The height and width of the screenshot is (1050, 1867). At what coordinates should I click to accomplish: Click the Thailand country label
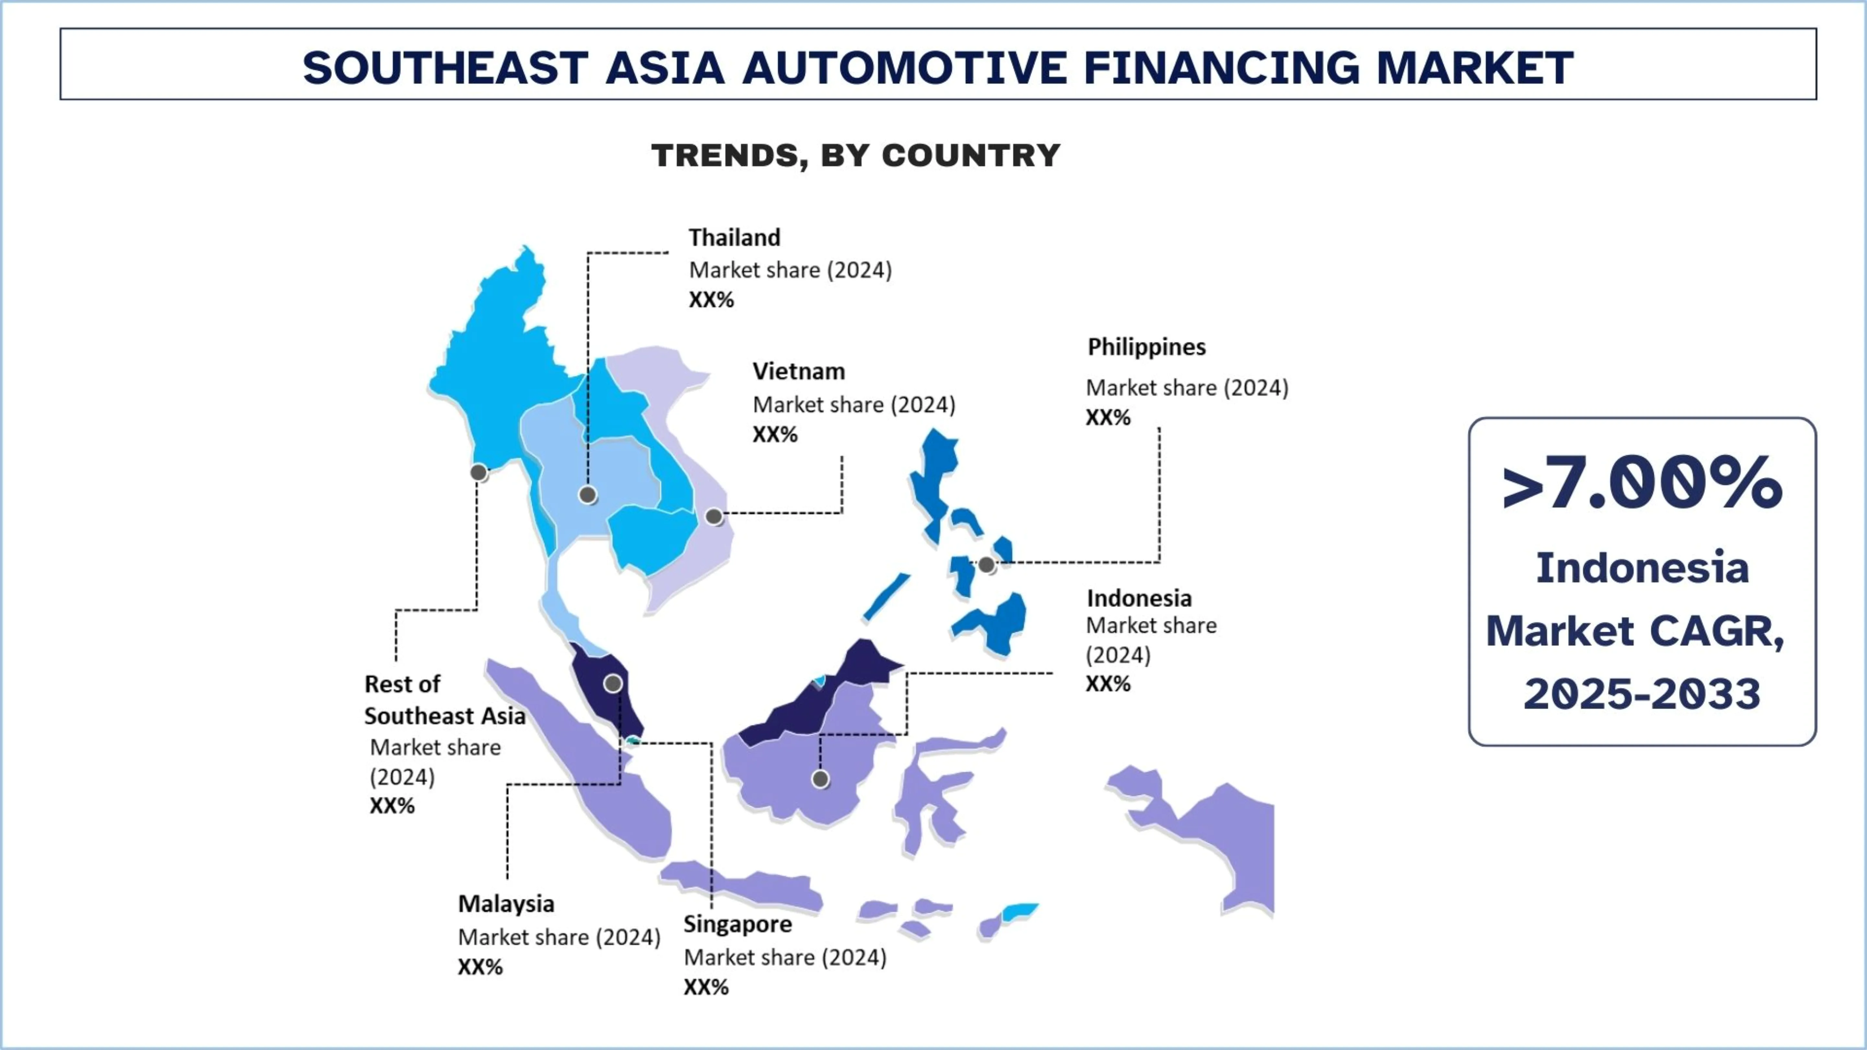[x=734, y=238]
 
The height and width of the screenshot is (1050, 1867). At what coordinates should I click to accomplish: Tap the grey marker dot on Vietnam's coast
[x=714, y=517]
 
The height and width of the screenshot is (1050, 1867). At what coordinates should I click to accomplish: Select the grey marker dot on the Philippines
[x=986, y=565]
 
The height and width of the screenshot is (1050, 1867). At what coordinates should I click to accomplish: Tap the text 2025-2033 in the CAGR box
[x=1642, y=694]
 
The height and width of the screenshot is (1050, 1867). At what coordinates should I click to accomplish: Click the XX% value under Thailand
[x=711, y=300]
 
